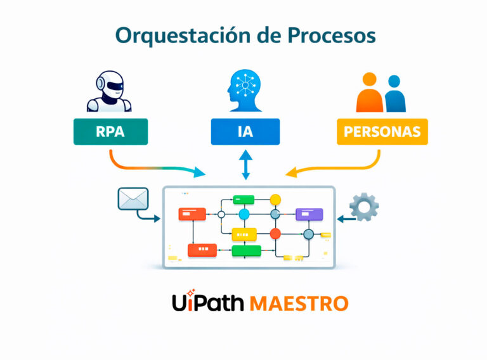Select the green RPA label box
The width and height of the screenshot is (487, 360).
point(110,132)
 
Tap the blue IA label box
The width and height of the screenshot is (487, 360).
point(245,132)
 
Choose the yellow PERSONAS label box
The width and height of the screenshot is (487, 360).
point(382,132)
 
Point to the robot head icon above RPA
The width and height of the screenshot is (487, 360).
point(108,93)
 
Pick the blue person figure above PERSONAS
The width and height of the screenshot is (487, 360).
point(394,95)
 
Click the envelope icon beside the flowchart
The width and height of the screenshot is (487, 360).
point(133,199)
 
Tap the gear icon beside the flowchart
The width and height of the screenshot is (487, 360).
point(364,207)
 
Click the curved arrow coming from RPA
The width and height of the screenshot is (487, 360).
point(152,166)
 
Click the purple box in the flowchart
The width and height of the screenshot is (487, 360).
point(309,214)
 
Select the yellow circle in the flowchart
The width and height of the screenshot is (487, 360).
point(275,200)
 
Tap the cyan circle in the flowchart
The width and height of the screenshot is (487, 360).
point(244,214)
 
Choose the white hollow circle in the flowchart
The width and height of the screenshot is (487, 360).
point(221,215)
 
